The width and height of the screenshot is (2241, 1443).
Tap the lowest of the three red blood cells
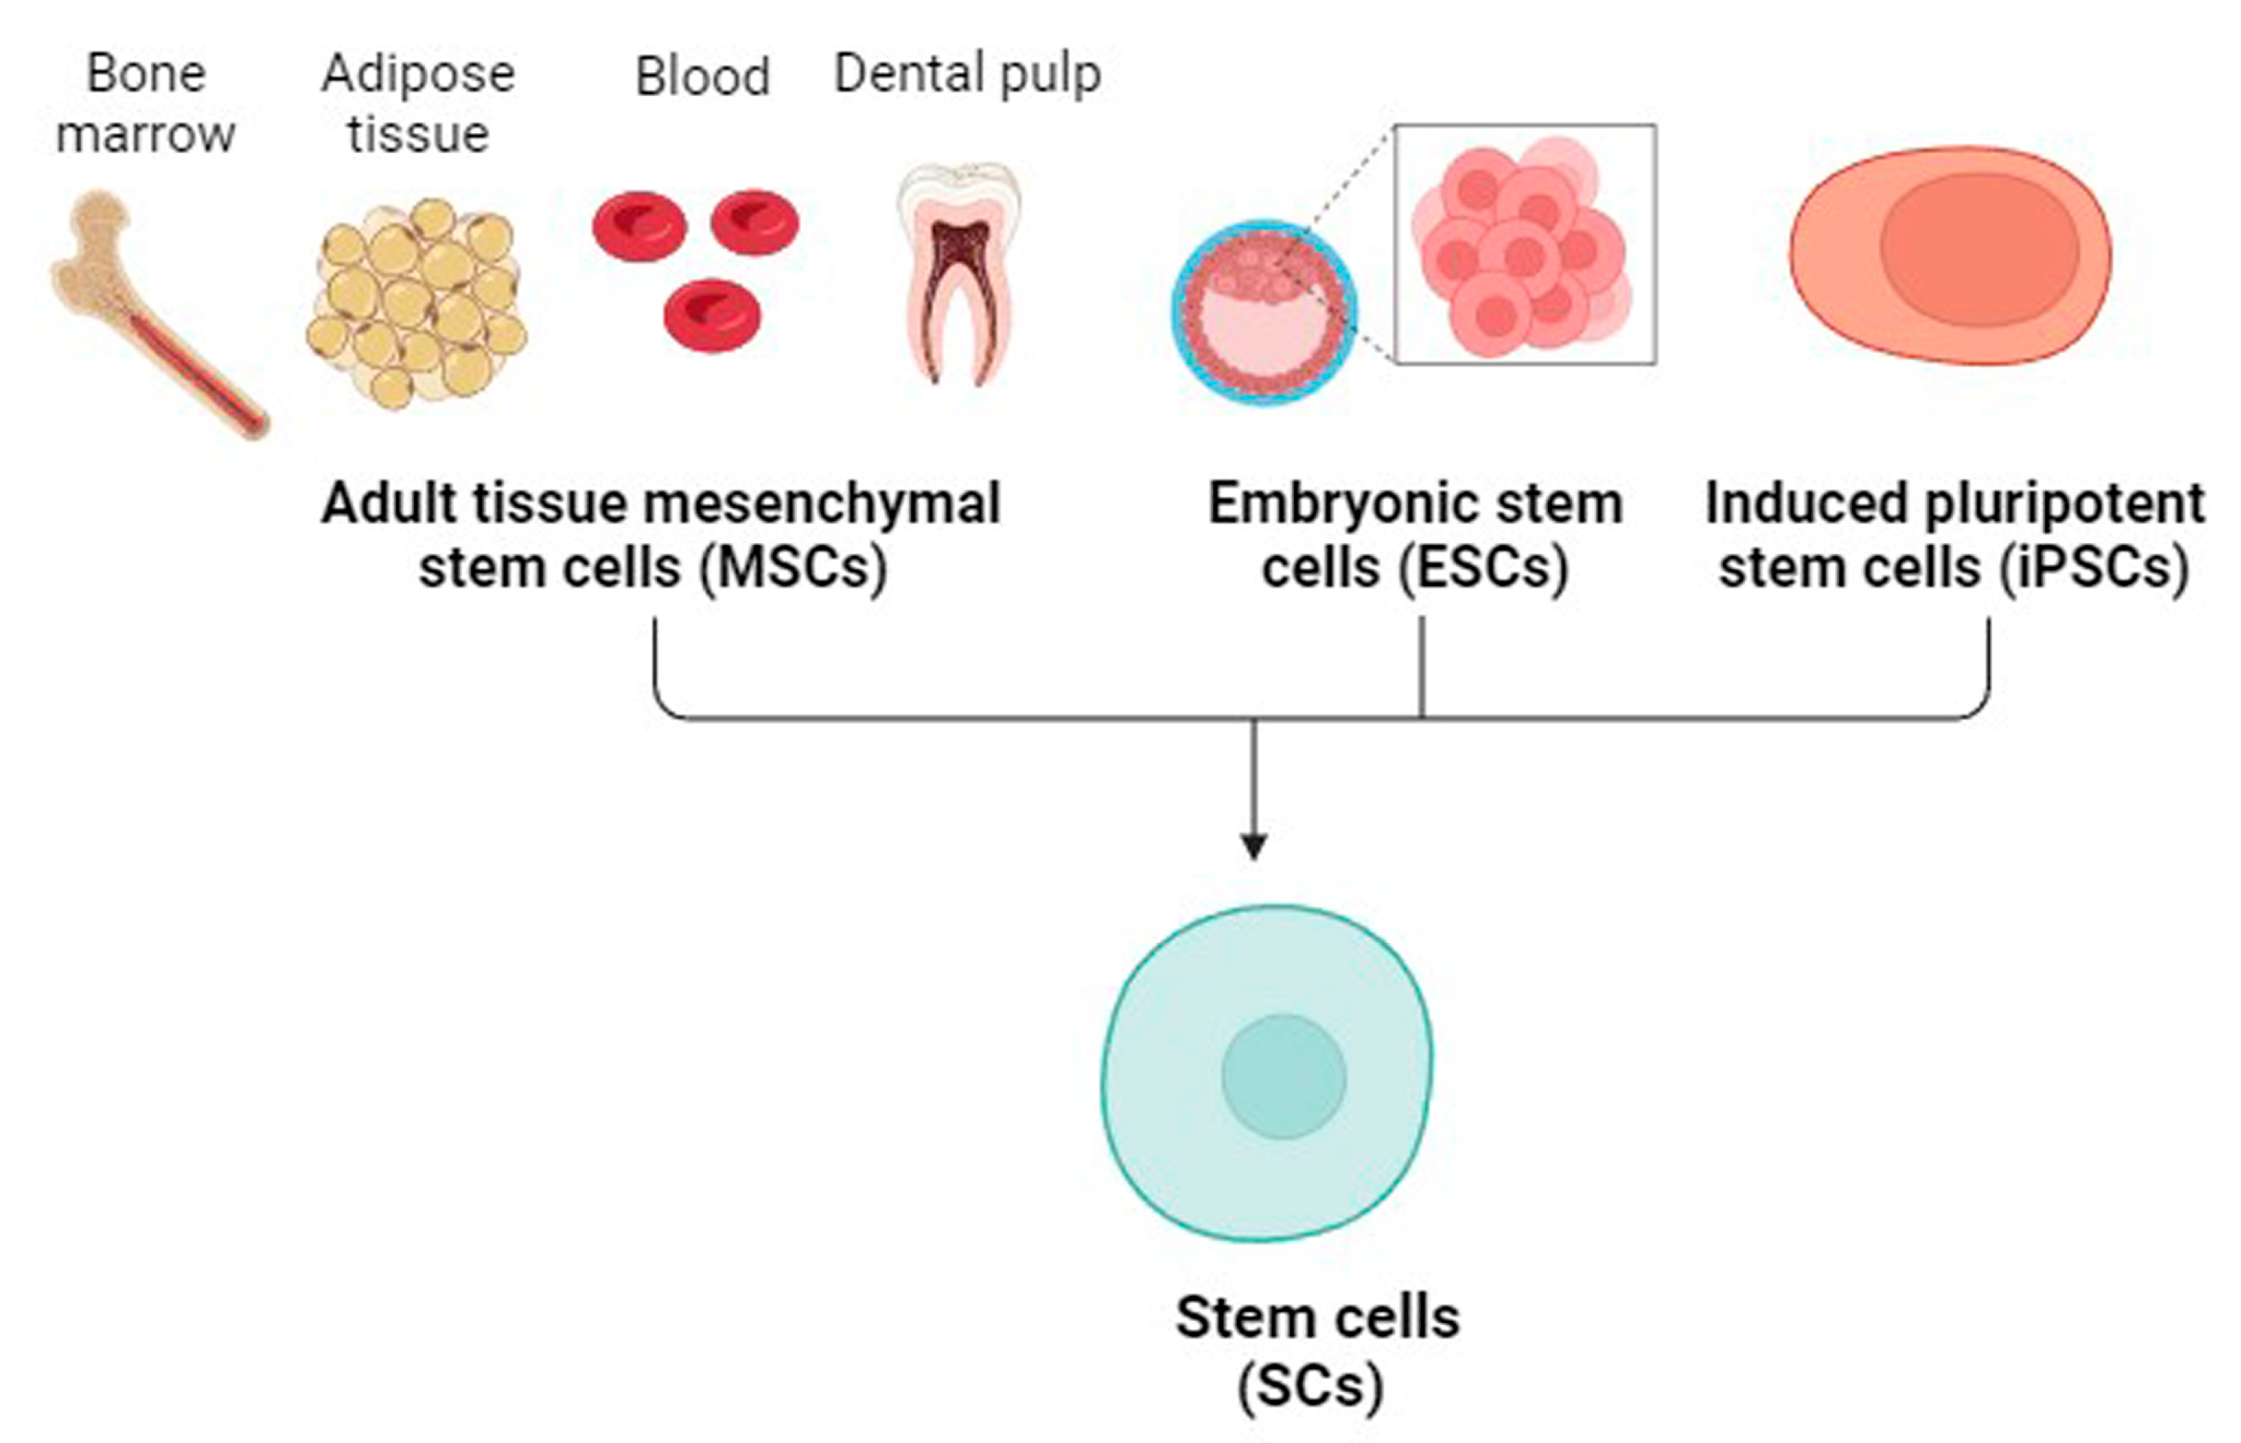coord(712,316)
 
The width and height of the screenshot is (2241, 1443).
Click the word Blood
coord(703,77)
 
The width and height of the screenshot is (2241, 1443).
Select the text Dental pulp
coord(967,75)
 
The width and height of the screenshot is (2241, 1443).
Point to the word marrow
coord(145,134)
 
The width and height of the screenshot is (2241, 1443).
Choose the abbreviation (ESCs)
coord(1483,568)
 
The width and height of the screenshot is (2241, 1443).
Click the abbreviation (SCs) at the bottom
coord(1310,1385)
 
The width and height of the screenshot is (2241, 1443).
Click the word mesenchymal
coord(824,504)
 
